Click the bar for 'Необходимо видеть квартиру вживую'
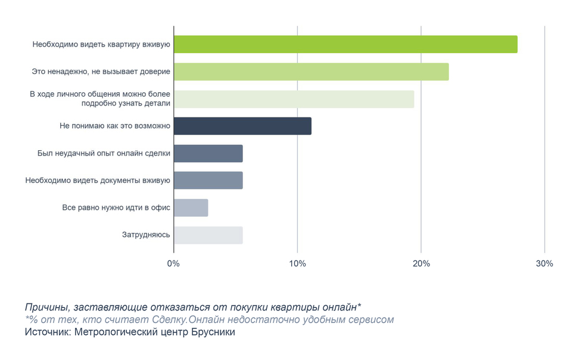[345, 44]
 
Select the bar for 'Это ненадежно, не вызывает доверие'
[311, 72]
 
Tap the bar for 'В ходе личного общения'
[294, 99]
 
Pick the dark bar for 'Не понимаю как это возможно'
[242, 126]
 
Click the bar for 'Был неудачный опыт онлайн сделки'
[208, 153]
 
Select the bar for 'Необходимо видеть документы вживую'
[208, 180]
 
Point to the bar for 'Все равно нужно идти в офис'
[191, 207]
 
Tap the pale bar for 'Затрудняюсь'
[208, 235]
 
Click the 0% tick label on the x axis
[173, 263]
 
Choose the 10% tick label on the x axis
[297, 263]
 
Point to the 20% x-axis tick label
[421, 263]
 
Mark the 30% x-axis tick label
[544, 263]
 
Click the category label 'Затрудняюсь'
[146, 235]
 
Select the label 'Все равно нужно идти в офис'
[116, 207]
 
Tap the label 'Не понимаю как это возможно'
[115, 126]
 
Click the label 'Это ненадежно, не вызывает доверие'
[101, 72]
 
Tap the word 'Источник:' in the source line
[47, 332]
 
